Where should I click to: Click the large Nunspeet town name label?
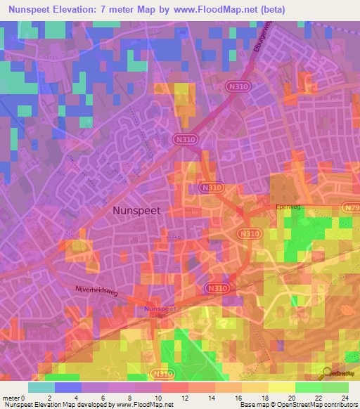click(x=136, y=210)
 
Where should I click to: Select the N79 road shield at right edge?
click(x=352, y=208)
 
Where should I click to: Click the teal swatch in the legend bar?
click(x=41, y=387)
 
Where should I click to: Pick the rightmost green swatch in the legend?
click(x=335, y=387)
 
